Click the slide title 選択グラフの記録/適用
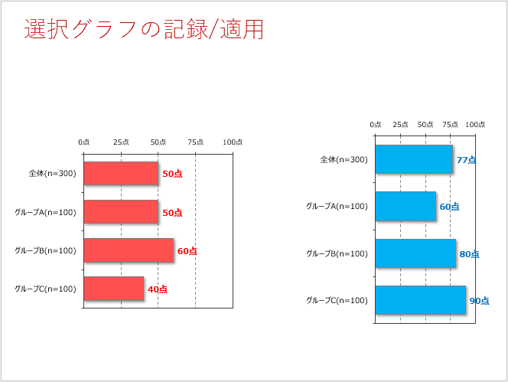(x=145, y=29)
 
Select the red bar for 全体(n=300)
(x=121, y=174)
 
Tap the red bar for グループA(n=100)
(x=121, y=212)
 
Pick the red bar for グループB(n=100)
(x=129, y=250)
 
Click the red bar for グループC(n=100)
(x=113, y=289)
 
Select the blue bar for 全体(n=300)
(x=413, y=160)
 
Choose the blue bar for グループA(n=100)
(x=405, y=207)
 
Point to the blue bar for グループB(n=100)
(x=415, y=253)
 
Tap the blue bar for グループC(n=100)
(x=420, y=300)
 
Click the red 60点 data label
(x=187, y=251)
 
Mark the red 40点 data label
(x=158, y=289)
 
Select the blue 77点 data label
(x=466, y=160)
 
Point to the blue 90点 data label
(x=479, y=301)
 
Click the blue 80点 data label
(x=469, y=254)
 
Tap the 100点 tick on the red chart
(x=233, y=142)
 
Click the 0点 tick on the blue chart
(x=376, y=125)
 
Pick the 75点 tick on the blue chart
(x=451, y=125)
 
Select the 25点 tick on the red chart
(x=121, y=142)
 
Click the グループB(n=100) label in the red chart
(x=45, y=250)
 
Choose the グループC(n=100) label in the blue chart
(x=337, y=300)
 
